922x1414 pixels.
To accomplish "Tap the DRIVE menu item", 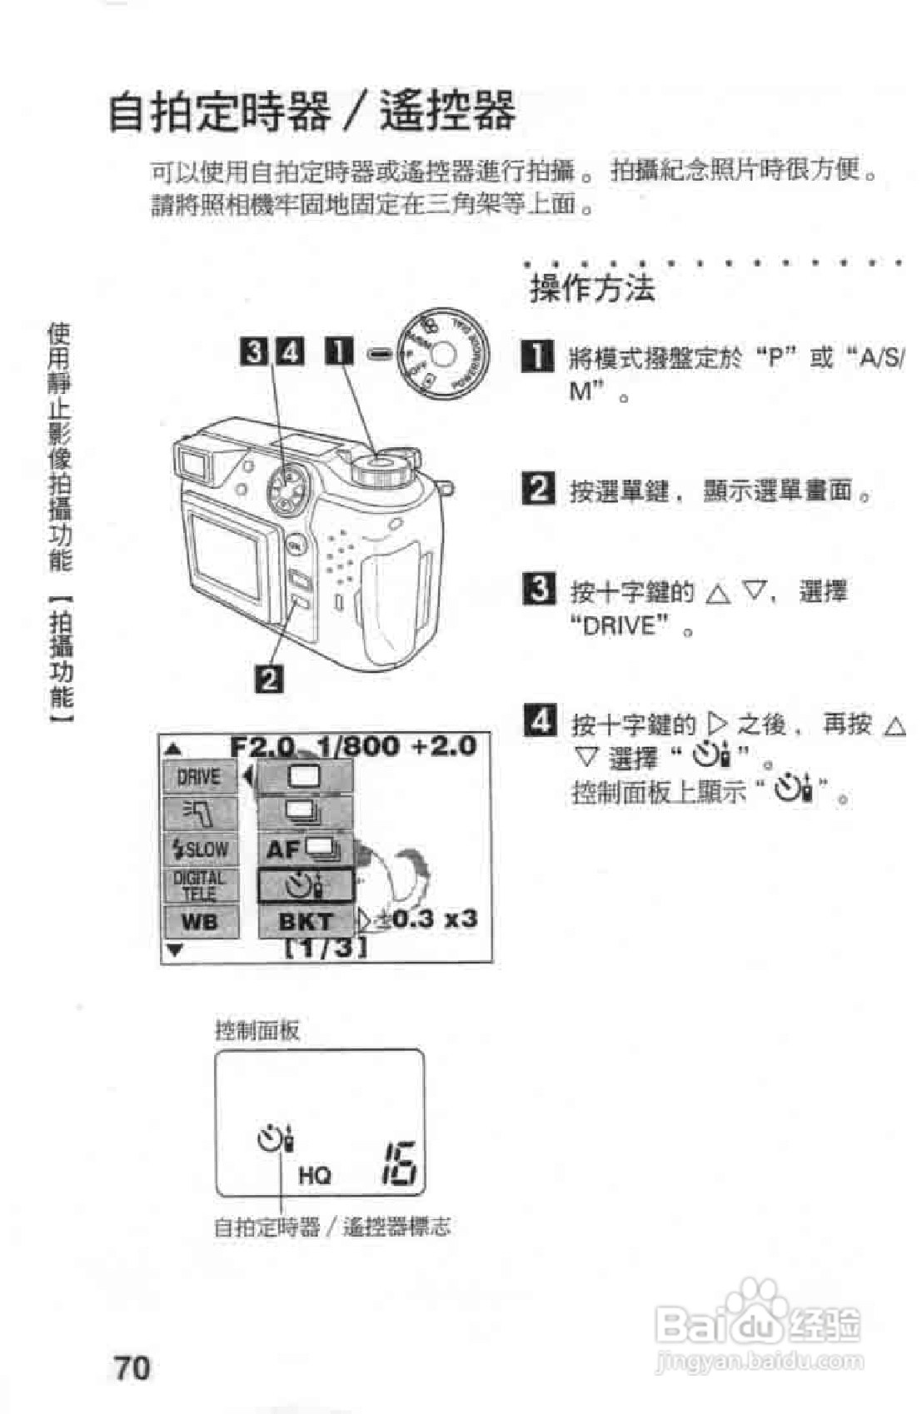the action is [x=200, y=777].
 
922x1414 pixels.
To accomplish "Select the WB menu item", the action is [x=200, y=922].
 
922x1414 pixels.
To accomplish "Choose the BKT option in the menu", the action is [x=305, y=922].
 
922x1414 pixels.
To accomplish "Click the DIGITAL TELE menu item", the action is [x=200, y=885].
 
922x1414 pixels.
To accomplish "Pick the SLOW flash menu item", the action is [x=200, y=849].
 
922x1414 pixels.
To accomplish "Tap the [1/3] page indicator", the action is [x=326, y=948].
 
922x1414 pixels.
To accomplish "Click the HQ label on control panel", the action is [x=315, y=1175].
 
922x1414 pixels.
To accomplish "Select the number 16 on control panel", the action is [x=400, y=1163].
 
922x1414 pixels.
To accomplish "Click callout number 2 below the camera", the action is [x=269, y=679].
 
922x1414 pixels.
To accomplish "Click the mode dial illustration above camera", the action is [x=441, y=354].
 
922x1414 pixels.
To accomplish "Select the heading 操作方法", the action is [x=592, y=289].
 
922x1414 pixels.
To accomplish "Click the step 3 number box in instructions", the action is [x=539, y=590].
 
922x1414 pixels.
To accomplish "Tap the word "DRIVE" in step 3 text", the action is [x=620, y=625].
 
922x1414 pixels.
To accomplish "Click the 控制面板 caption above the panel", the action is [x=257, y=1030].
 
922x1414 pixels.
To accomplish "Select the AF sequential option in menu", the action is [x=305, y=849].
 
